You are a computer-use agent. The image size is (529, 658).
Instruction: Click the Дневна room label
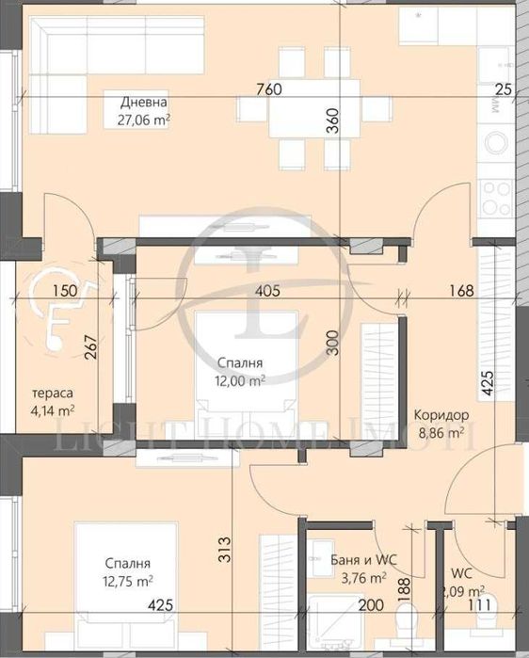(x=144, y=103)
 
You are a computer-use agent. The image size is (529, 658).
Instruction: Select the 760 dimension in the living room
(x=269, y=90)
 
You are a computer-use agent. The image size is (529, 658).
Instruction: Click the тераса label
(x=53, y=393)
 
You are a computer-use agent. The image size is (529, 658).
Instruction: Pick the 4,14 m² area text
(x=53, y=409)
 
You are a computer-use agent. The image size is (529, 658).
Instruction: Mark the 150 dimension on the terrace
(x=65, y=291)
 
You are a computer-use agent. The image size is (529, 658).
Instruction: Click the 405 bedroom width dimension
(x=268, y=291)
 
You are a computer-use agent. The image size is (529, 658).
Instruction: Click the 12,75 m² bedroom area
(x=129, y=581)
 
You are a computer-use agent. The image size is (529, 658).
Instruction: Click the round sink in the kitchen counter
(x=496, y=143)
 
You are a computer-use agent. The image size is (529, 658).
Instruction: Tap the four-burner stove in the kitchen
(x=496, y=197)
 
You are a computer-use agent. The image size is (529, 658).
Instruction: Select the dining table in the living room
(x=310, y=109)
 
